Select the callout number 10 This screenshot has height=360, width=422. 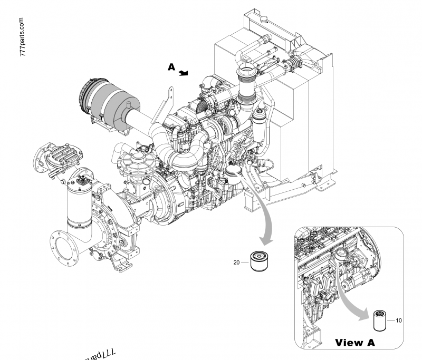point(399,320)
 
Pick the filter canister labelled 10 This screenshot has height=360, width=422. point(380,319)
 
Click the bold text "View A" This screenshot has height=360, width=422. point(355,343)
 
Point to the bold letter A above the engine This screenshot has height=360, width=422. point(171,67)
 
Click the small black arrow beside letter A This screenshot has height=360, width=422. point(183,73)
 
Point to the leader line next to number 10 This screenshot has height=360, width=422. point(391,320)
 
